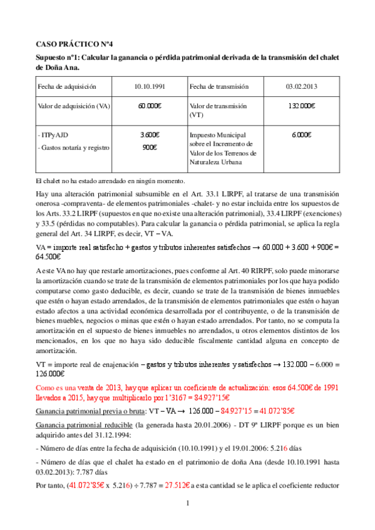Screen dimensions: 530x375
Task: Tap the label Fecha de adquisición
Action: pyautogui.click(x=66, y=86)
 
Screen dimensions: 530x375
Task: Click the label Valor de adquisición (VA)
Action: pyautogui.click(x=74, y=106)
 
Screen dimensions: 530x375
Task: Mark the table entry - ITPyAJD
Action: pyautogui.click(x=54, y=135)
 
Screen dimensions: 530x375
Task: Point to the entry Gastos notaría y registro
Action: pyautogui.click(x=76, y=147)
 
